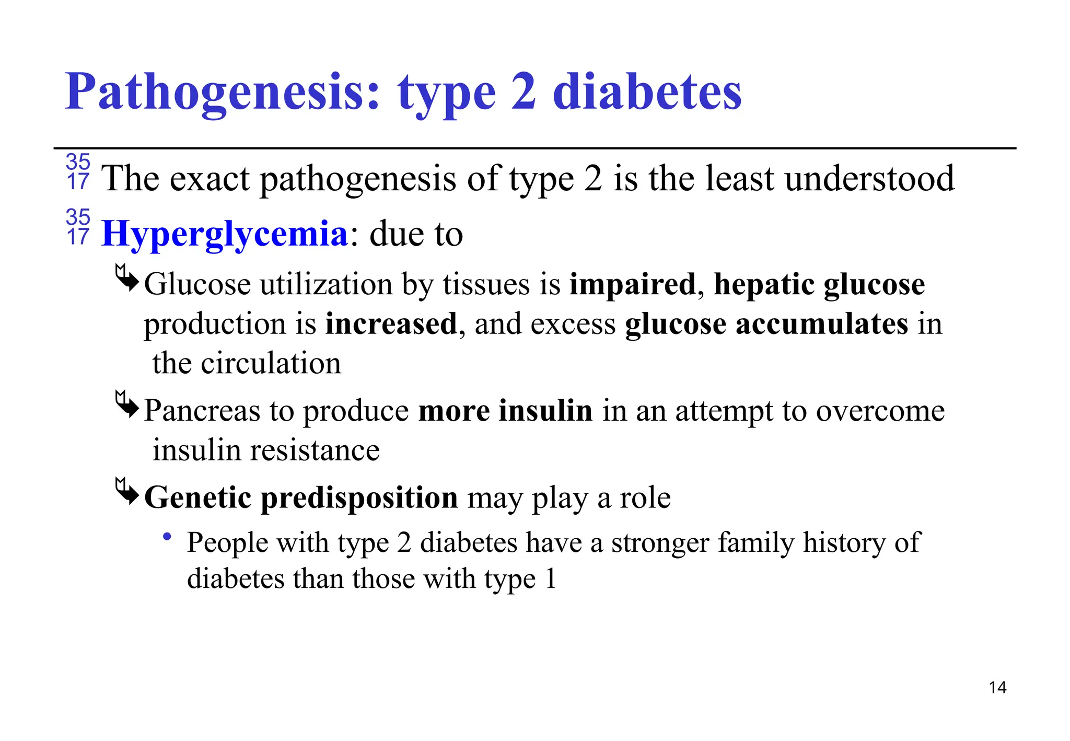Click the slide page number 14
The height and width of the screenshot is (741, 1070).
(997, 687)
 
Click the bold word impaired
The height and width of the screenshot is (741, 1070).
(632, 284)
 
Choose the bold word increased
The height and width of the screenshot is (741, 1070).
(391, 324)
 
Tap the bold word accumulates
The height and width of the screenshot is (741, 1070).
(822, 324)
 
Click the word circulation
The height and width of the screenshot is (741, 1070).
(271, 363)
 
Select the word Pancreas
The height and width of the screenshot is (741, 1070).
(202, 410)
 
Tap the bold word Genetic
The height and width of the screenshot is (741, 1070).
(197, 497)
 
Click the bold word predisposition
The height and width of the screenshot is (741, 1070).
(359, 497)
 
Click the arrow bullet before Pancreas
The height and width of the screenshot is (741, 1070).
(127, 404)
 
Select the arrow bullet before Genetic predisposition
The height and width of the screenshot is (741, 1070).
(127, 491)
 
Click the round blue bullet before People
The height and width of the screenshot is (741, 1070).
(167, 536)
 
